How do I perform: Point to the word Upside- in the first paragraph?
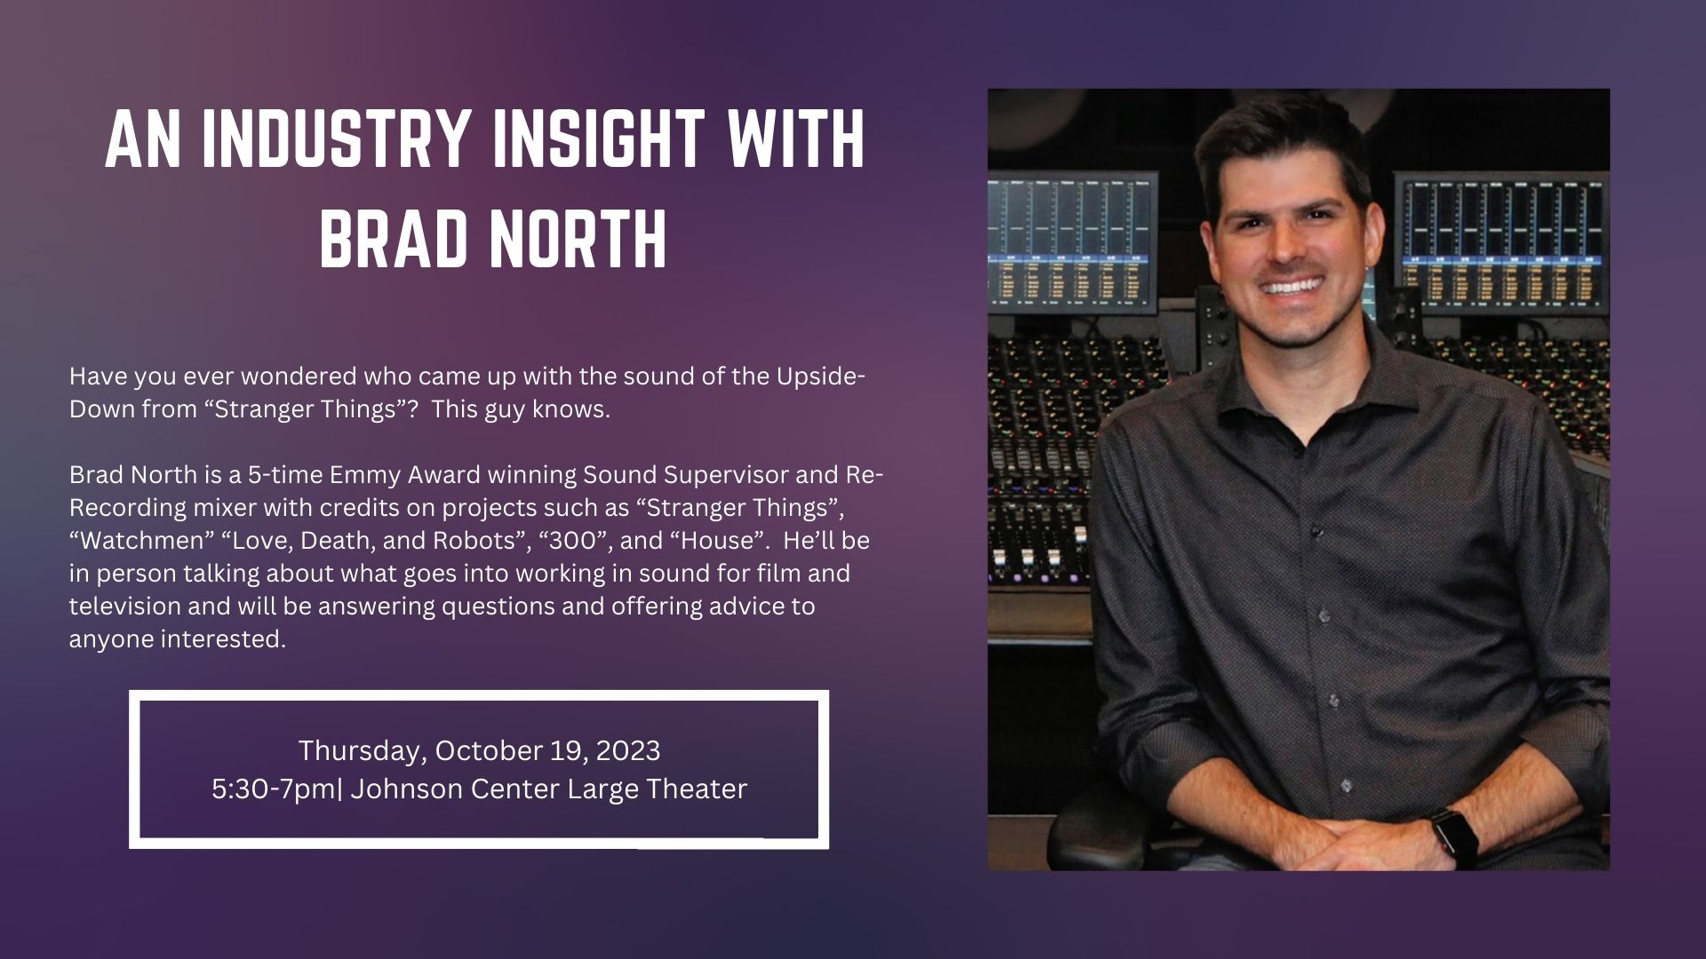click(x=821, y=377)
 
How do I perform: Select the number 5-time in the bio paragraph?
click(x=285, y=475)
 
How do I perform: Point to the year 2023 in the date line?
click(x=628, y=751)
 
